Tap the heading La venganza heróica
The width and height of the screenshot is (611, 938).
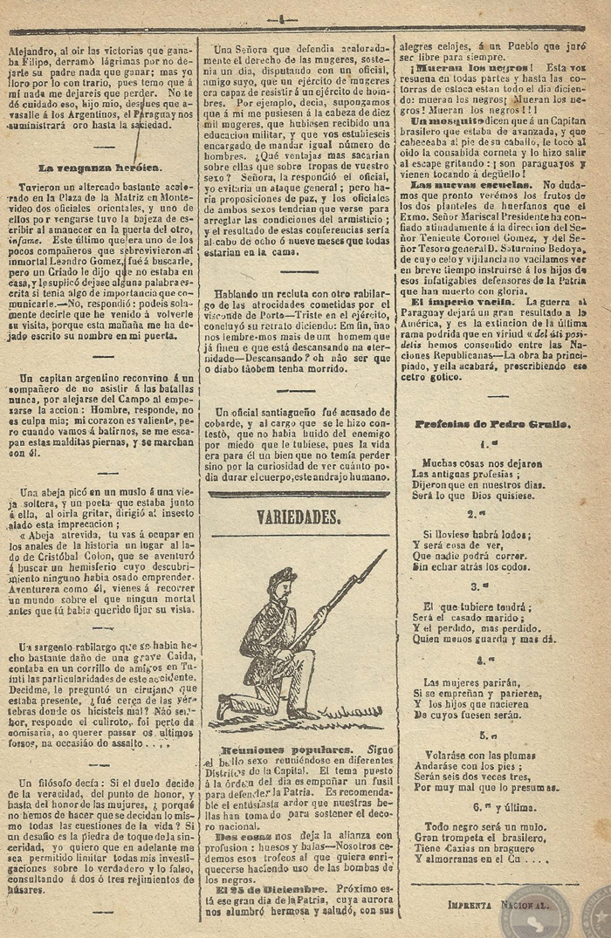click(x=99, y=166)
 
